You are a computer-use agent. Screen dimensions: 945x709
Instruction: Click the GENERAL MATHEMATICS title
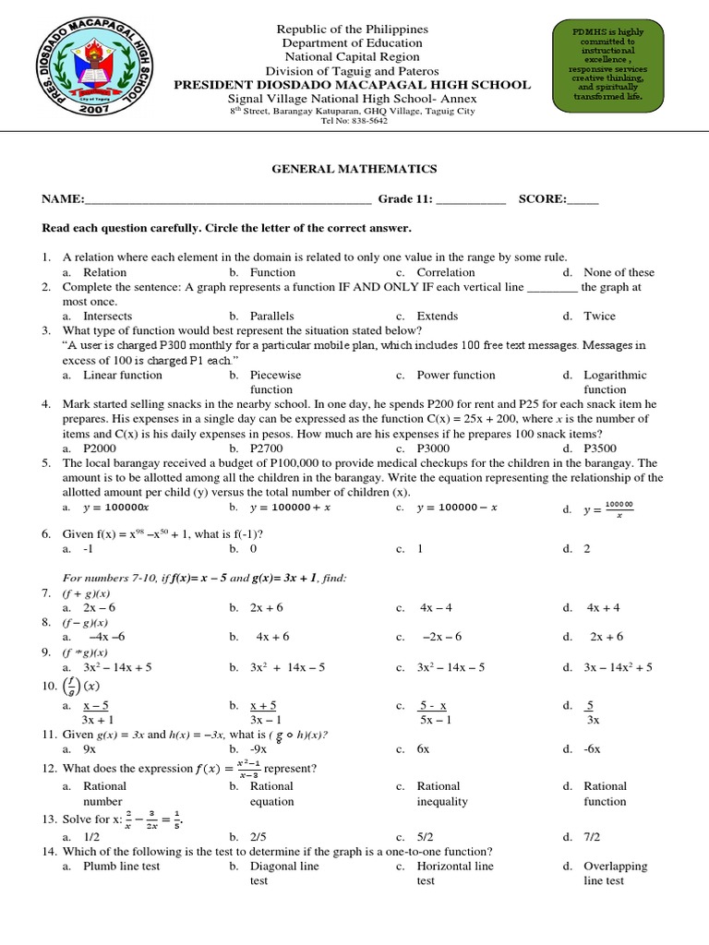pos(354,169)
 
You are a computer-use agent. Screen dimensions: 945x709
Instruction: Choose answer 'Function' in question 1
pos(272,272)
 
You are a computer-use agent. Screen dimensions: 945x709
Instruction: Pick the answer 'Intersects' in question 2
pos(108,316)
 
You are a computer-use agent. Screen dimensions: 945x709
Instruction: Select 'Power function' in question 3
pos(455,375)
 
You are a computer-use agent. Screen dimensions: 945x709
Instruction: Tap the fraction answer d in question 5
pos(619,508)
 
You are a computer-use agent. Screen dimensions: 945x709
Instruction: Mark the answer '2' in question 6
pos(587,548)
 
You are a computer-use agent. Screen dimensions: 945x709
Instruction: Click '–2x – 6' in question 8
pos(441,637)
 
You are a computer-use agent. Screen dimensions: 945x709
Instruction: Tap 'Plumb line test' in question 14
pos(121,866)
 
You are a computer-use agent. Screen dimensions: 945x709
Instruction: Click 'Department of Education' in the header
pos(352,43)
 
